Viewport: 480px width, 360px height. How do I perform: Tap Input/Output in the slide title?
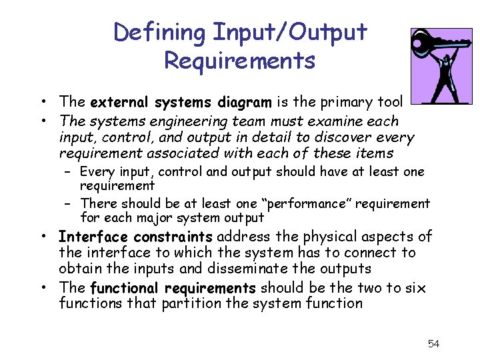coord(290,32)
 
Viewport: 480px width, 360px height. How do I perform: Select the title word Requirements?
coord(239,61)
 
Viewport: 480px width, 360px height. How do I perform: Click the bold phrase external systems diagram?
coord(181,103)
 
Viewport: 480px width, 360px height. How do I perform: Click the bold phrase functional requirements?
coord(173,289)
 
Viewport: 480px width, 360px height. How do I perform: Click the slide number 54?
coord(433,344)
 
